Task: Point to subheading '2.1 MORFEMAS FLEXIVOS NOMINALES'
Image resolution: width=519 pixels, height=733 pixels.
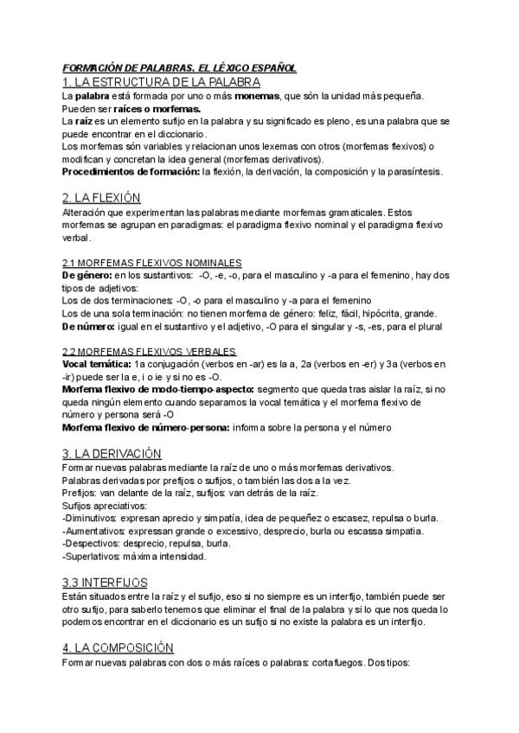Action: [x=152, y=262]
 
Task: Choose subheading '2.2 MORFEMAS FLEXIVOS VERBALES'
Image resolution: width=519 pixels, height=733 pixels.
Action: [x=150, y=352]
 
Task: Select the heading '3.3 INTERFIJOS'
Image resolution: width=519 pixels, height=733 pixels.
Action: [x=105, y=558]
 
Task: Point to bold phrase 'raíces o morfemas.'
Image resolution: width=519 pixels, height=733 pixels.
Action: [x=151, y=110]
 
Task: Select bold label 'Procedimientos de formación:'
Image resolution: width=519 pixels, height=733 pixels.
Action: [x=130, y=172]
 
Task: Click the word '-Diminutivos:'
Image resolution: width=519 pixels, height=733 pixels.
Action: [x=93, y=518]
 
